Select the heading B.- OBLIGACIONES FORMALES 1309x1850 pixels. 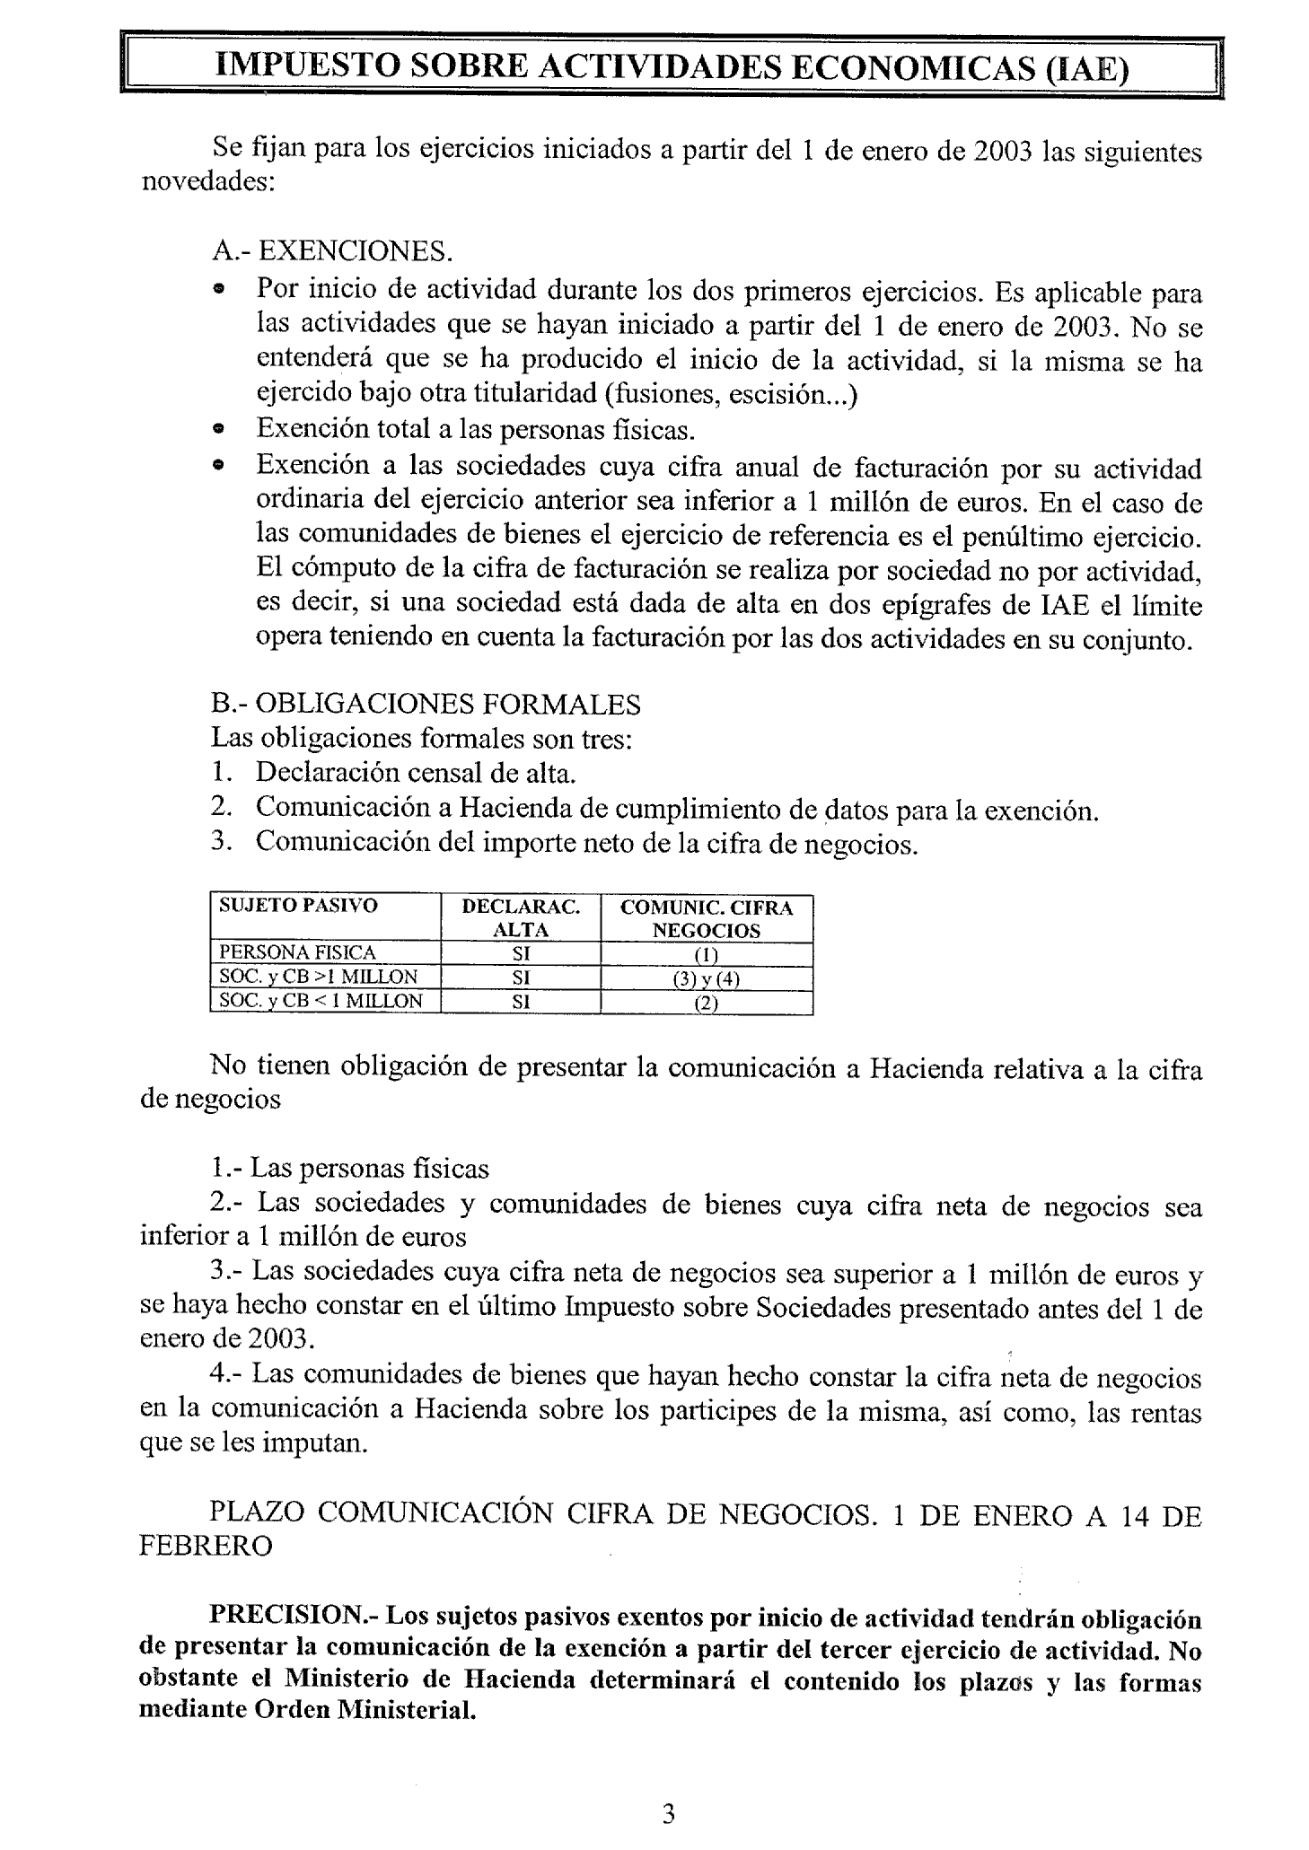pyautogui.click(x=426, y=705)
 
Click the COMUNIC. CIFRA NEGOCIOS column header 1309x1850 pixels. pyautogui.click(x=707, y=918)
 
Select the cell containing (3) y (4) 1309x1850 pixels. pyautogui.click(x=707, y=978)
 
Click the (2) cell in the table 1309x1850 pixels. pyautogui.click(x=707, y=1003)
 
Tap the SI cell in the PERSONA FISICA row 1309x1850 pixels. pyautogui.click(x=521, y=953)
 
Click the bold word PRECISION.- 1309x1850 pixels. pyautogui.click(x=295, y=1617)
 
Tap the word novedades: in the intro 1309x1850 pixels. pyautogui.click(x=208, y=182)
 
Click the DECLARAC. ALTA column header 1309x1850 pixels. pyautogui.click(x=521, y=918)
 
